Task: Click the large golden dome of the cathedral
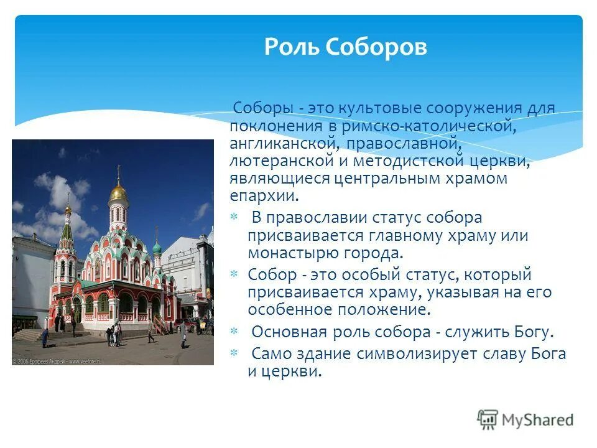click(x=118, y=192)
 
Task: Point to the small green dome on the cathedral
click(x=157, y=248)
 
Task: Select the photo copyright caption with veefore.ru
click(x=56, y=360)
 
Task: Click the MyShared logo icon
click(x=488, y=419)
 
